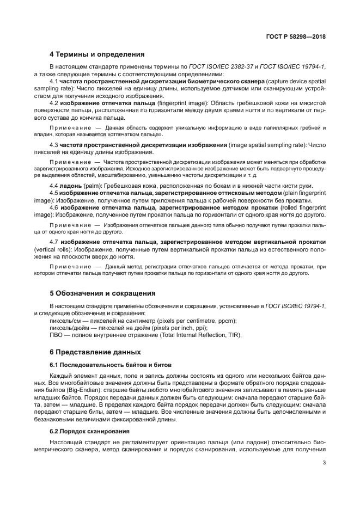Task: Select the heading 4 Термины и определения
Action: coord(96,54)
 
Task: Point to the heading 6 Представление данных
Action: coord(95,352)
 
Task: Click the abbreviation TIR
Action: coord(235,335)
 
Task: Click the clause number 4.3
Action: coord(53,145)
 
